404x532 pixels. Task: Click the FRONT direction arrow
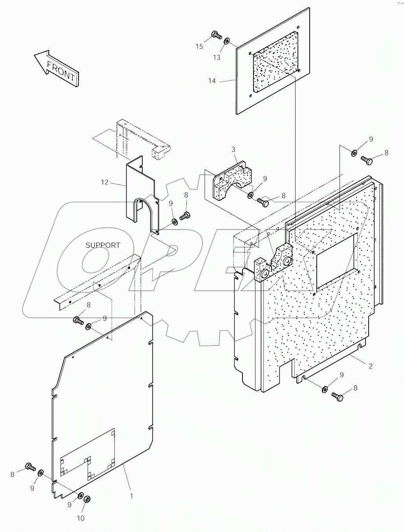[x=56, y=68]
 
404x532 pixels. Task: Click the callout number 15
[x=199, y=46]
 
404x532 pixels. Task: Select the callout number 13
[x=217, y=57]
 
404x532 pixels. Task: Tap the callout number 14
[x=212, y=81]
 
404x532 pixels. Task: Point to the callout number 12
[x=105, y=182]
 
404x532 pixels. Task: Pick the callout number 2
[x=370, y=366]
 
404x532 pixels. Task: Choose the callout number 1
[x=131, y=496]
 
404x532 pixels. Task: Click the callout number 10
[x=80, y=518]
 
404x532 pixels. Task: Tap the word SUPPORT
[x=103, y=245]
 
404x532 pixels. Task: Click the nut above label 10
[x=88, y=499]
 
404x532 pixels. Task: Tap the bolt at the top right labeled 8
[x=366, y=160]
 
